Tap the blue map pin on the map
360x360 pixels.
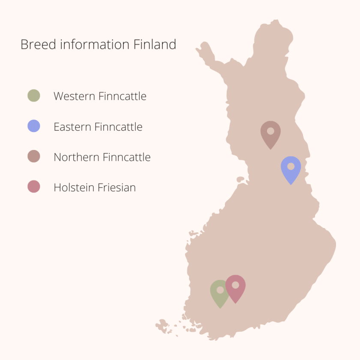coord(291,168)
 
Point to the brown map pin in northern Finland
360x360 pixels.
coord(270,133)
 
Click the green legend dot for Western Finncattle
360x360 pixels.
coord(33,96)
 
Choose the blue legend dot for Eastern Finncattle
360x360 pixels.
coord(33,126)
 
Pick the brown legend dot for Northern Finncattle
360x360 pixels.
coord(33,156)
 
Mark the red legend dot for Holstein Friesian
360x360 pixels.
coord(33,187)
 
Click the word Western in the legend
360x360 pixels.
coord(74,96)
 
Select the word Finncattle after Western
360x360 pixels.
coord(123,96)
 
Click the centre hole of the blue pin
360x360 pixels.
coord(291,166)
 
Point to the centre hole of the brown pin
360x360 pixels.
coord(270,131)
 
